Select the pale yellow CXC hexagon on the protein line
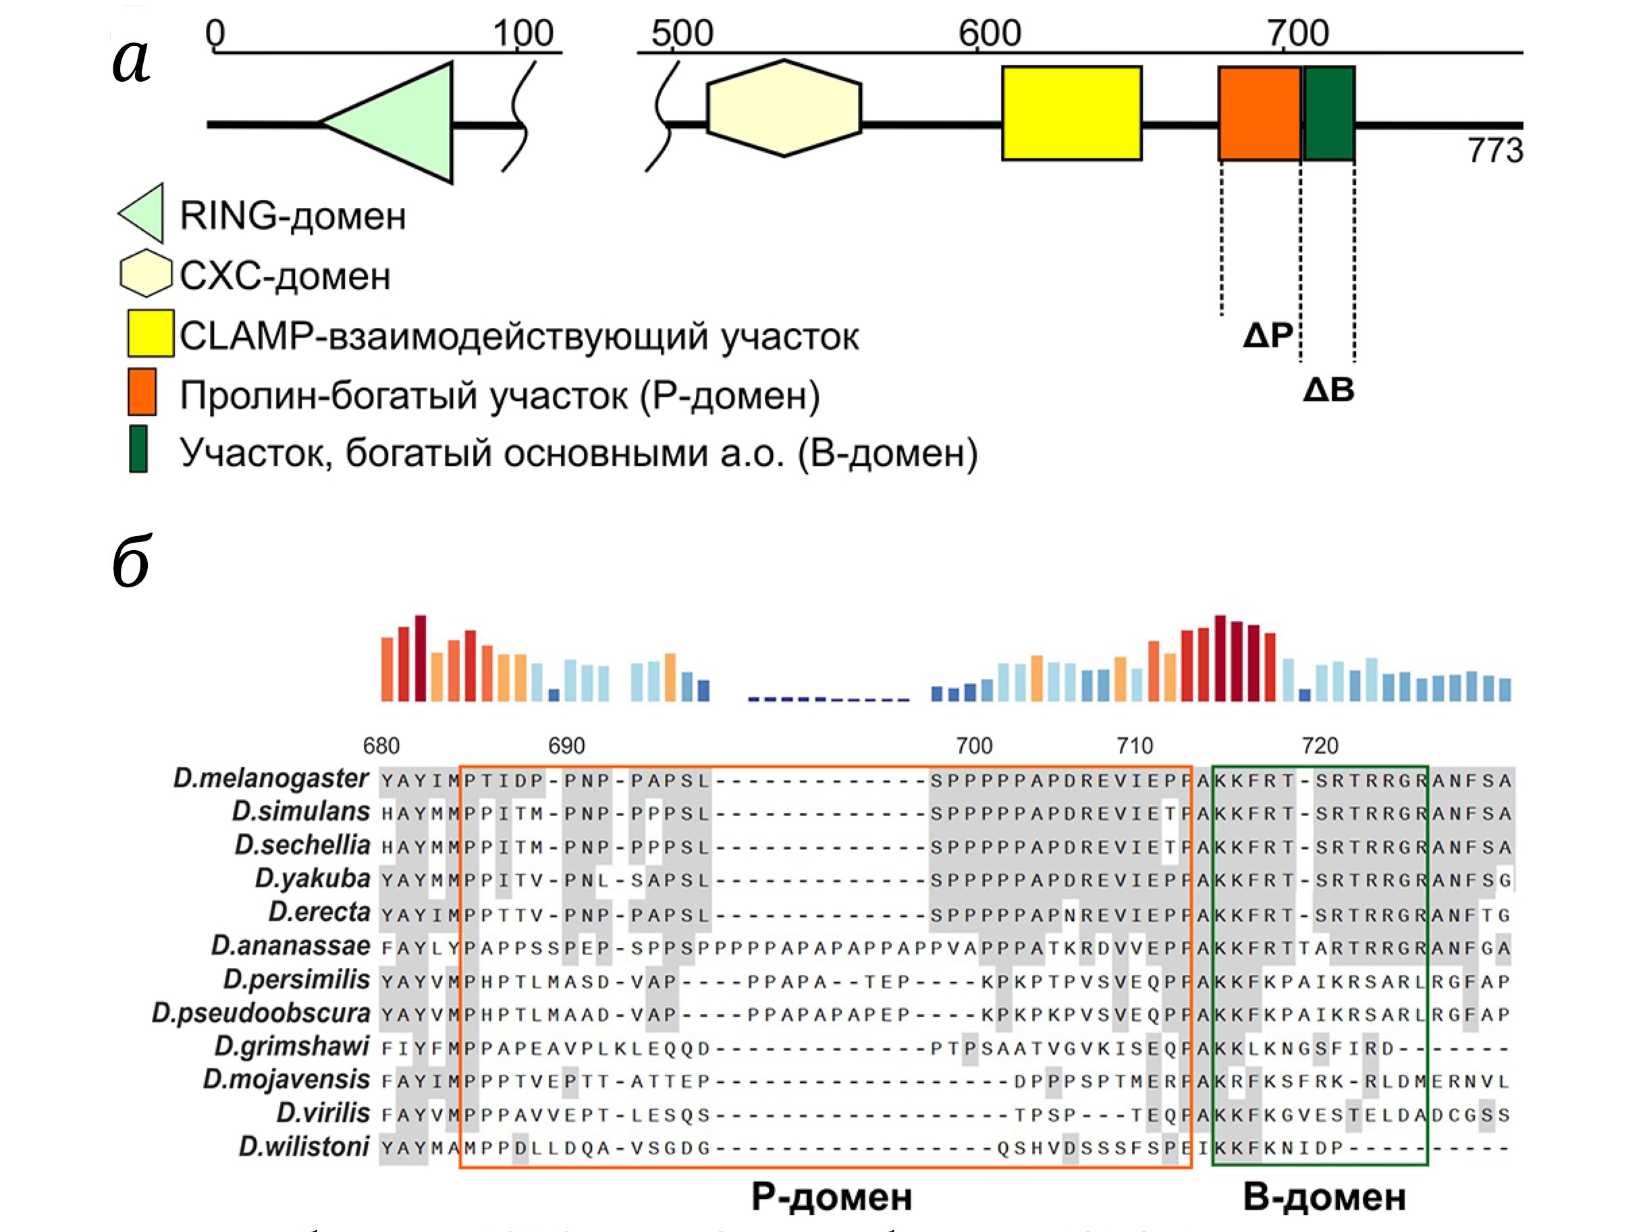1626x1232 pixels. [x=784, y=109]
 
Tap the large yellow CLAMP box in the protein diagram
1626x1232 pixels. [x=1071, y=113]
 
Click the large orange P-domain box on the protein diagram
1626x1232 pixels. [x=1259, y=113]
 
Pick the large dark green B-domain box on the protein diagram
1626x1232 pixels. [x=1329, y=113]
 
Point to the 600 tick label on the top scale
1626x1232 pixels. [x=990, y=34]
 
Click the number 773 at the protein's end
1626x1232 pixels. [x=1495, y=151]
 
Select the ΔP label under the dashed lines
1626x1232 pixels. [x=1268, y=336]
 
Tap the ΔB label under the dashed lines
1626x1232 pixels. [x=1328, y=390]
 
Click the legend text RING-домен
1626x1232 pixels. [x=292, y=216]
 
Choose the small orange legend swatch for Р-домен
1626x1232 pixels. [x=142, y=392]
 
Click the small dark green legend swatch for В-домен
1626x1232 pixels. [x=138, y=448]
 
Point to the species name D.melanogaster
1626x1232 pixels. [x=271, y=778]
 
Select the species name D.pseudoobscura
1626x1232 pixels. [x=261, y=1013]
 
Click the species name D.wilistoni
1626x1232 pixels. [x=304, y=1147]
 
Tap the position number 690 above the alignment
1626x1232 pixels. [x=566, y=746]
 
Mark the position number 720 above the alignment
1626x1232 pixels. [x=1320, y=746]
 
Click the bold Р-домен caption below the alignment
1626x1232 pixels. [x=832, y=1198]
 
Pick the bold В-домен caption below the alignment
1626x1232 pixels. [x=1324, y=1198]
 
